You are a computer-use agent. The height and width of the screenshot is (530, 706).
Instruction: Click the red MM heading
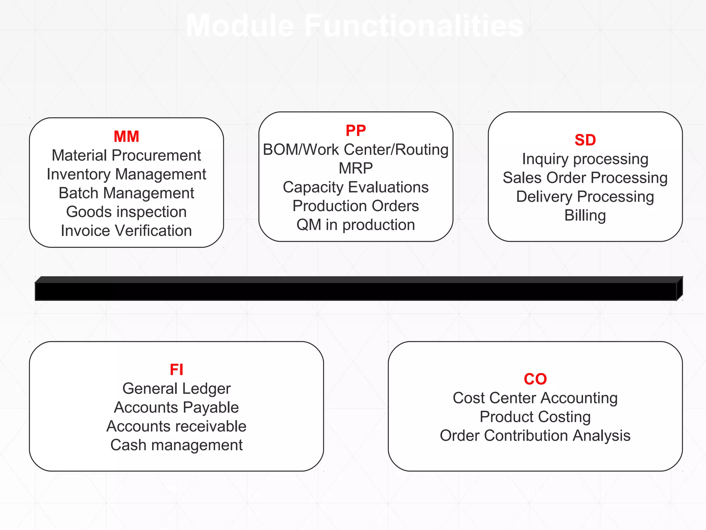[127, 137]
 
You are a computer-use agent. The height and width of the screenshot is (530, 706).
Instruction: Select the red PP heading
[356, 131]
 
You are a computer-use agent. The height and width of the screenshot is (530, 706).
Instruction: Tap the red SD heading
[585, 140]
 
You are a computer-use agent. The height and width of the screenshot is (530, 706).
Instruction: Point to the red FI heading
[176, 370]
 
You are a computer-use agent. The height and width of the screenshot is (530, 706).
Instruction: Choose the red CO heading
[535, 379]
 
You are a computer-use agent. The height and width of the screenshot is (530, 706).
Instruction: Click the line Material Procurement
[127, 156]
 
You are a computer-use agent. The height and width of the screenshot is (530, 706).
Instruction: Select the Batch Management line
[127, 193]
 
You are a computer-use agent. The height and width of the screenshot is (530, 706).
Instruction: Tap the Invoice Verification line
[127, 231]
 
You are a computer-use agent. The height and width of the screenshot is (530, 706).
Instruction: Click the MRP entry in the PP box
[356, 168]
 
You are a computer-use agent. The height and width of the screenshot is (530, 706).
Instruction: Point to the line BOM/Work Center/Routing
[356, 150]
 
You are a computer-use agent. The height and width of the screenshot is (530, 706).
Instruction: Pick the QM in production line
[356, 225]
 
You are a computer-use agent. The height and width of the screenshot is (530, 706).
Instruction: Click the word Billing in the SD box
[585, 215]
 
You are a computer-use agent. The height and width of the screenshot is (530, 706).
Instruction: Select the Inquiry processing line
[585, 159]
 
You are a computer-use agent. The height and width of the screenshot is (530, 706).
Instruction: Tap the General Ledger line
[176, 389]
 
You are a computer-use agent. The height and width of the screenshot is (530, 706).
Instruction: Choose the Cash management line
[176, 445]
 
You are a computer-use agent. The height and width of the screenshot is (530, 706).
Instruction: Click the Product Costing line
[535, 417]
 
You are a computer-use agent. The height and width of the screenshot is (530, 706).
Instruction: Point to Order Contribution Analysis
[535, 436]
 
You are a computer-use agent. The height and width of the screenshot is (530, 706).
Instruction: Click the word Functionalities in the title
[414, 26]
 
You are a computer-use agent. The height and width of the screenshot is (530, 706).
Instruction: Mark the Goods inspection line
[127, 212]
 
